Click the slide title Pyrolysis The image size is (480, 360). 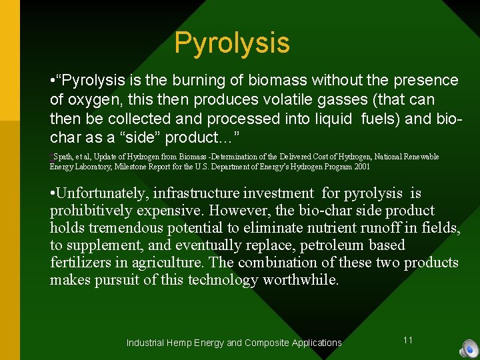pos(232,43)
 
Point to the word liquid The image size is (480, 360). pos(335,119)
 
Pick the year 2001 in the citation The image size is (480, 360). pos(360,167)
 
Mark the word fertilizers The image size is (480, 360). pos(77,263)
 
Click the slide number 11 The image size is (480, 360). pos(408,340)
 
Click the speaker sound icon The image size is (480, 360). pos(469,349)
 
